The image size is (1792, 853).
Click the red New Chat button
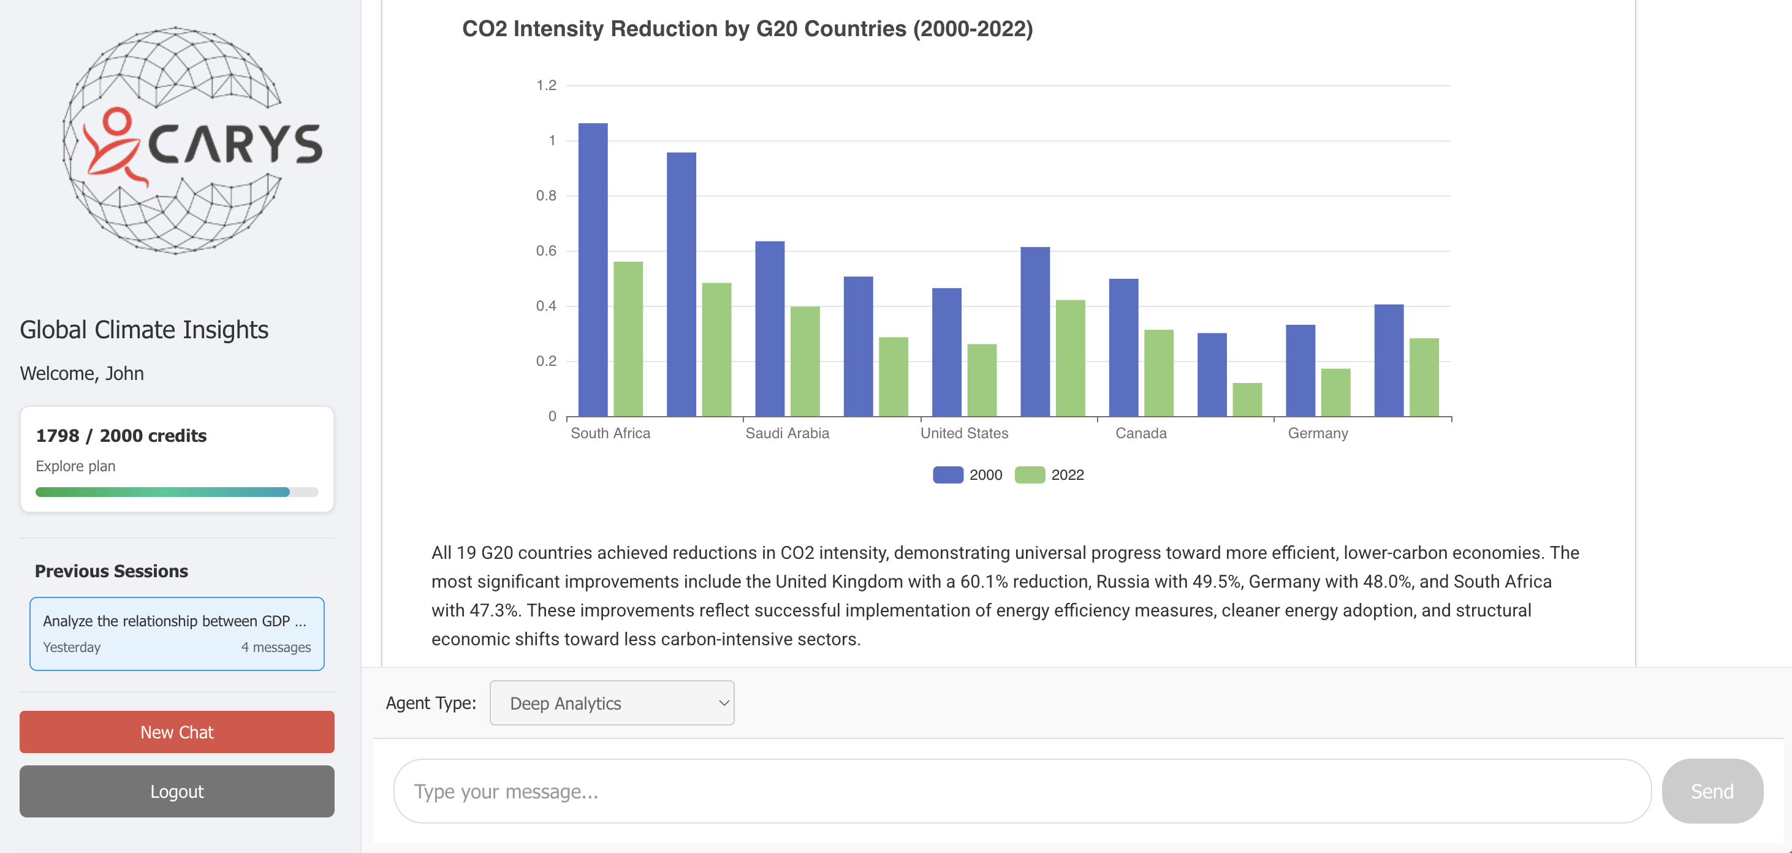click(177, 732)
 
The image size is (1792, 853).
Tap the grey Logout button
click(177, 792)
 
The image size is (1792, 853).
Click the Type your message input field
click(1021, 792)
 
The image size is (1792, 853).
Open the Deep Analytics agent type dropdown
click(612, 703)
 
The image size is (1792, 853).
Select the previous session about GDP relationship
click(177, 634)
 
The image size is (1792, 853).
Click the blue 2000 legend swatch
click(947, 475)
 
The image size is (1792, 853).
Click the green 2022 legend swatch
click(1030, 475)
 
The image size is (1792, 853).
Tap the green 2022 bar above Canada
click(1158, 373)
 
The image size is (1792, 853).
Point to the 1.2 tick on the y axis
click(546, 86)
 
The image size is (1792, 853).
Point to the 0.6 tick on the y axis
click(546, 251)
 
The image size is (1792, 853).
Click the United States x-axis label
click(964, 433)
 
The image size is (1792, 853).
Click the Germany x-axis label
click(1318, 433)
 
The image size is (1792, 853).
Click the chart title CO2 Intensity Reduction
click(747, 29)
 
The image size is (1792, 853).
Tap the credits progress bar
click(177, 493)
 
